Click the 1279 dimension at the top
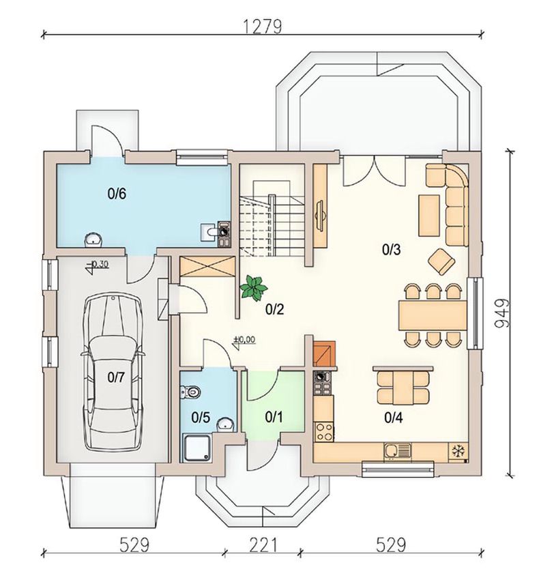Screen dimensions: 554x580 tap(263, 27)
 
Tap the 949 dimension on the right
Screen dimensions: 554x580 tap(502, 313)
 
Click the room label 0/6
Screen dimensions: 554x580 tap(117, 194)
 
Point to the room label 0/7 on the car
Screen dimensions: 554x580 tap(117, 377)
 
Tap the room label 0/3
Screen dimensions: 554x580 tap(391, 250)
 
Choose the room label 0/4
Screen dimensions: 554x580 tap(394, 418)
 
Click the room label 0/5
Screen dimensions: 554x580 tap(201, 418)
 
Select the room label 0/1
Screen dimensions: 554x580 tap(274, 417)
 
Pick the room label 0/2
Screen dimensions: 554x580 tap(274, 309)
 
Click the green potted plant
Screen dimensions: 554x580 tap(254, 287)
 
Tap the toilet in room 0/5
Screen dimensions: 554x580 tap(190, 391)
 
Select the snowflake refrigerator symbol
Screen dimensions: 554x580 tap(458, 452)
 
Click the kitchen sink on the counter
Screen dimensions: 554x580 tap(397, 451)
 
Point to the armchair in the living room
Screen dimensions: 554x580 tap(441, 261)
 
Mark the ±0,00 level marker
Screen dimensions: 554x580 tap(244, 341)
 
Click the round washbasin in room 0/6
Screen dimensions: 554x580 tap(93, 240)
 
